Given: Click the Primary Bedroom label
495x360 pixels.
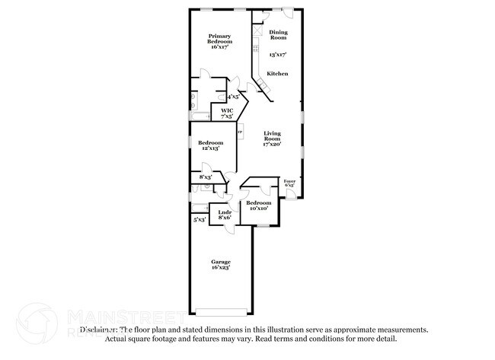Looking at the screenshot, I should pos(220,41).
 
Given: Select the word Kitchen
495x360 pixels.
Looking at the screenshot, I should pos(276,73).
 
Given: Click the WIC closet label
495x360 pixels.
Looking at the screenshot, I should pos(226,113).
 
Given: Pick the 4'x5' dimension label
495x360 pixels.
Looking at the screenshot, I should pos(232,97).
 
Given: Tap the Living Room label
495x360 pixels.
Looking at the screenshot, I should pos(272,139).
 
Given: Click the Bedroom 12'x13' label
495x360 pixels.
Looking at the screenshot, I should pos(210,145).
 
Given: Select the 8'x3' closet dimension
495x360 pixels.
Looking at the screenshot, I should pos(205,177).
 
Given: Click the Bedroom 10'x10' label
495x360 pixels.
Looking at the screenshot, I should pos(258,206).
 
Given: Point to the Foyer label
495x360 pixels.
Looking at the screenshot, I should pos(289,183).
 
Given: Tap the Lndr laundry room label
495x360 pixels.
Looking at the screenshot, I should pos(224,215).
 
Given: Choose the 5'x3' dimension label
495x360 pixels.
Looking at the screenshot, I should pos(200,219).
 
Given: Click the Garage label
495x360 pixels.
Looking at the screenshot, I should pos(220,264).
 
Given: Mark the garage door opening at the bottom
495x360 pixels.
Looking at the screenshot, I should pos(221,311).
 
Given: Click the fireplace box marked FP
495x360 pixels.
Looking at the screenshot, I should pos(240,132).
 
